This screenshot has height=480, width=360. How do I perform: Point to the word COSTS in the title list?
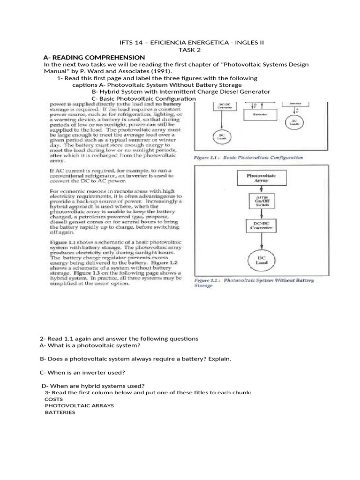pos(53,398)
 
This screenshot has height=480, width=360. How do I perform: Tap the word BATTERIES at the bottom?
pos(60,412)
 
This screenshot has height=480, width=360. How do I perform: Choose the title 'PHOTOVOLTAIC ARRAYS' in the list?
pos(79,405)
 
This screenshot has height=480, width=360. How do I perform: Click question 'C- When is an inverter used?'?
pos(82,372)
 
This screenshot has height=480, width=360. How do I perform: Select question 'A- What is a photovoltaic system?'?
pos(90,345)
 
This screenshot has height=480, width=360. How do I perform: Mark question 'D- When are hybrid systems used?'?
pos(93,385)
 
